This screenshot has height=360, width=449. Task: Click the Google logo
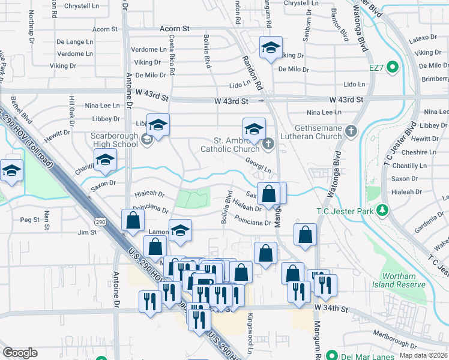pyautogui.click(x=20, y=353)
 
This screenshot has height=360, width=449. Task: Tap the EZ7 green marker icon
pyautogui.click(x=393, y=67)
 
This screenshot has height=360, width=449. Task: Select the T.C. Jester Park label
pyautogui.click(x=345, y=211)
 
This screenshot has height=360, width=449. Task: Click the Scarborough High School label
pyautogui.click(x=115, y=140)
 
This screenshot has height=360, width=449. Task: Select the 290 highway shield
pyautogui.click(x=100, y=222)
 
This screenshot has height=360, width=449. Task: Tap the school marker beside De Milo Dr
pyautogui.click(x=271, y=48)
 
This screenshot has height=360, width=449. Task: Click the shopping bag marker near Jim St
pyautogui.click(x=132, y=220)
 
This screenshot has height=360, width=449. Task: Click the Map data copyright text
pyautogui.click(x=424, y=355)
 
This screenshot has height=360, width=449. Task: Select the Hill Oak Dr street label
pyautogui.click(x=71, y=110)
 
